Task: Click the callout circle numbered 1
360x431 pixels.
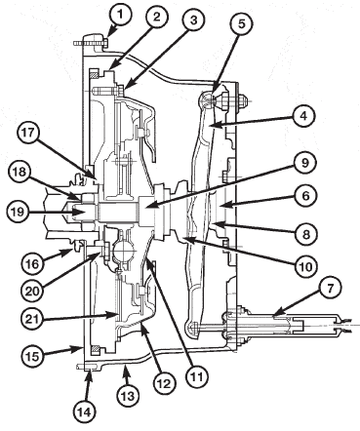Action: click(x=120, y=15)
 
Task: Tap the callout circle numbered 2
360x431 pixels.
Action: click(x=157, y=18)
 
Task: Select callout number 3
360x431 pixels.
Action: click(x=193, y=20)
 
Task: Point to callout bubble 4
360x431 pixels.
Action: click(x=303, y=116)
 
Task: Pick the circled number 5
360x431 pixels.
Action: click(x=241, y=23)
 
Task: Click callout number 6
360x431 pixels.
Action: click(x=304, y=196)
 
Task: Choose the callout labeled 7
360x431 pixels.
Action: click(x=330, y=289)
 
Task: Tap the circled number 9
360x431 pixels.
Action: click(x=304, y=163)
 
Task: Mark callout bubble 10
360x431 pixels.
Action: click(x=306, y=267)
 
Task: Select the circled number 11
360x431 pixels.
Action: click(x=198, y=376)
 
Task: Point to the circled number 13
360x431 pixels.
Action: click(x=128, y=396)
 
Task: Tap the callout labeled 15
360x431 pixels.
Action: click(x=33, y=356)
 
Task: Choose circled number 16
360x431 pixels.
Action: click(x=33, y=263)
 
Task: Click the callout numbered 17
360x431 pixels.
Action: click(x=28, y=134)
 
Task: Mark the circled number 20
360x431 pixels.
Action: click(x=33, y=291)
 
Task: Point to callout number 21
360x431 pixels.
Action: click(x=33, y=319)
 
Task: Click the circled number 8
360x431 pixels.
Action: click(x=306, y=234)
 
